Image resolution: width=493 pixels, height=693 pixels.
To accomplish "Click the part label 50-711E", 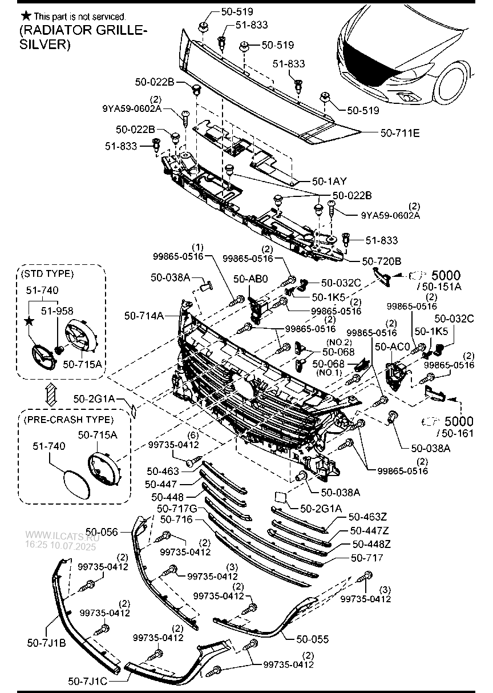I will (x=400, y=133).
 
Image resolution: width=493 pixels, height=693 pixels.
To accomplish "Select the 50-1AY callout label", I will (x=330, y=181).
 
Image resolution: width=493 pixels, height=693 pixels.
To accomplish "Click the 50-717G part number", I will (x=176, y=508).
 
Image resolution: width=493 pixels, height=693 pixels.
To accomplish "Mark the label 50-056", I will (x=102, y=532).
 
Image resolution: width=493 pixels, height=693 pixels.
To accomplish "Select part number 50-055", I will (x=312, y=639).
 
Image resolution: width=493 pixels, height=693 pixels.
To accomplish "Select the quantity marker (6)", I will (x=193, y=436).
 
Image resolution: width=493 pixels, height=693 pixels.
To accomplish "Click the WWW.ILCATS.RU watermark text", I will (x=62, y=537).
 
